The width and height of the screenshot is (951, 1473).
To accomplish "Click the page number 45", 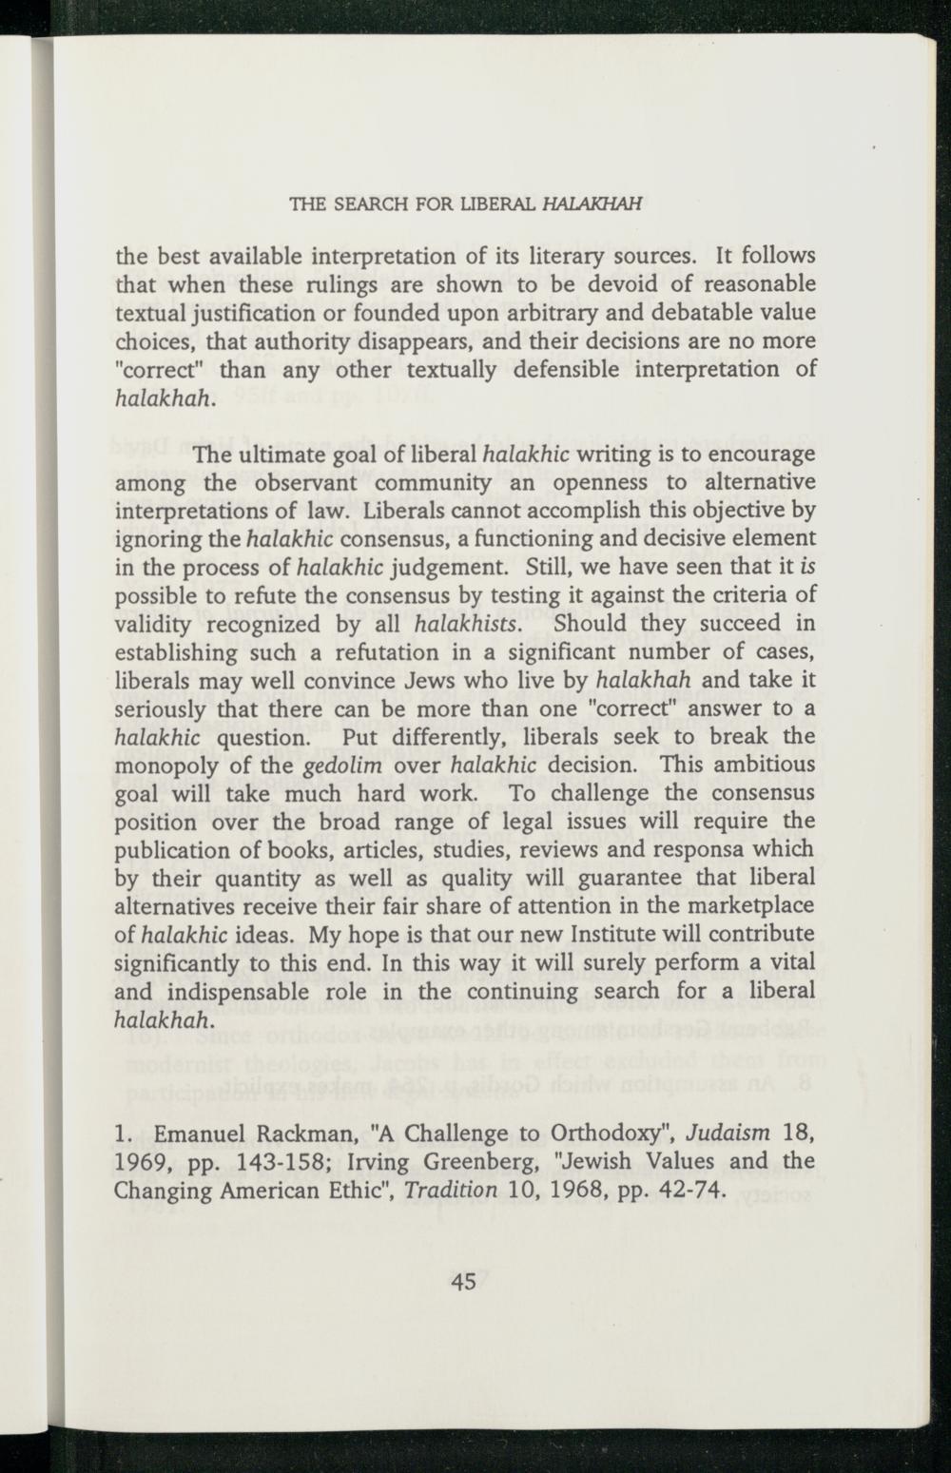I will coord(464,1282).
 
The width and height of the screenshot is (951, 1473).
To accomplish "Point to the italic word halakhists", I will coord(467,625).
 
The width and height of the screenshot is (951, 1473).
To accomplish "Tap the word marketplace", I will coord(753,906).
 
